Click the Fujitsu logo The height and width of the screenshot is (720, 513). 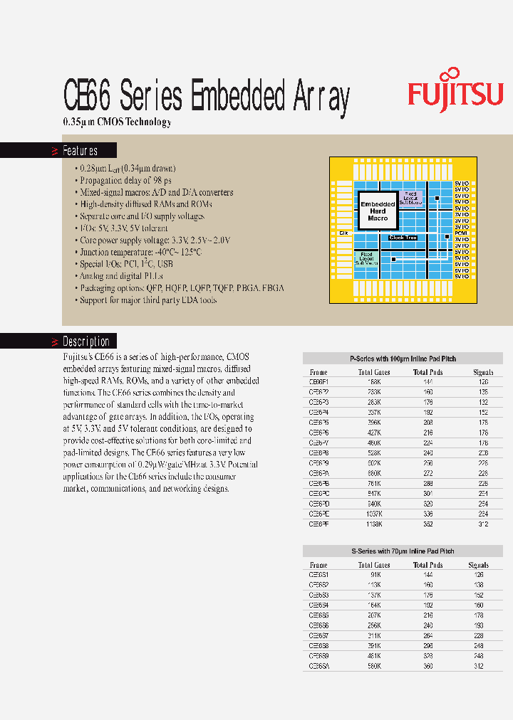pos(455,92)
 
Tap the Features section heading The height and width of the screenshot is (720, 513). pos(80,151)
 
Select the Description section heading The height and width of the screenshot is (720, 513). pos(85,342)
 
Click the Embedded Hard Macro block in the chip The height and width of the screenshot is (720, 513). pos(378,211)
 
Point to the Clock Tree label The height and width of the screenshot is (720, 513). pos(403,238)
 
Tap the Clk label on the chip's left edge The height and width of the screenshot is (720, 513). pos(343,233)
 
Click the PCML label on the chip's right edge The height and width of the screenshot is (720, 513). pos(461,233)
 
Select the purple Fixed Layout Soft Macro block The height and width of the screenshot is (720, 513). pos(410,198)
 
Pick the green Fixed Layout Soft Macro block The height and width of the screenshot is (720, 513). pos(367,257)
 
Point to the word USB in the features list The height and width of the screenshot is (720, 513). pos(165,264)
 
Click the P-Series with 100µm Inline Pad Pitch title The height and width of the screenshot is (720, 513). pos(403,358)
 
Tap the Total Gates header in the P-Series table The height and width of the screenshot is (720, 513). pos(375,372)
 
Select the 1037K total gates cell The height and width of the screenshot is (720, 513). pos(375,513)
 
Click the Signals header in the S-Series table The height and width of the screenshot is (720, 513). pos(478,565)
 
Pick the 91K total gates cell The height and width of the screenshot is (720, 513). pos(375,574)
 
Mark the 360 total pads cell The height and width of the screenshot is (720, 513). pos(428,666)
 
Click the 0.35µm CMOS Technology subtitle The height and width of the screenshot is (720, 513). pos(118,122)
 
